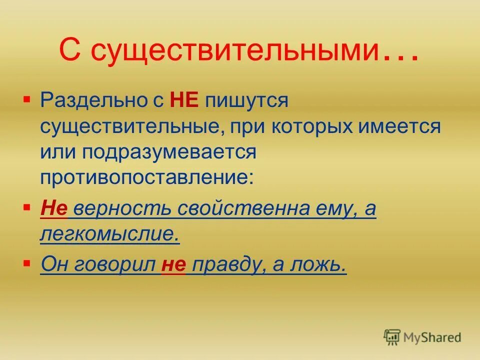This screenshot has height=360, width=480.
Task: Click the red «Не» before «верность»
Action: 53,208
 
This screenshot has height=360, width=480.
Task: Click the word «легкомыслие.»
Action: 109,234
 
